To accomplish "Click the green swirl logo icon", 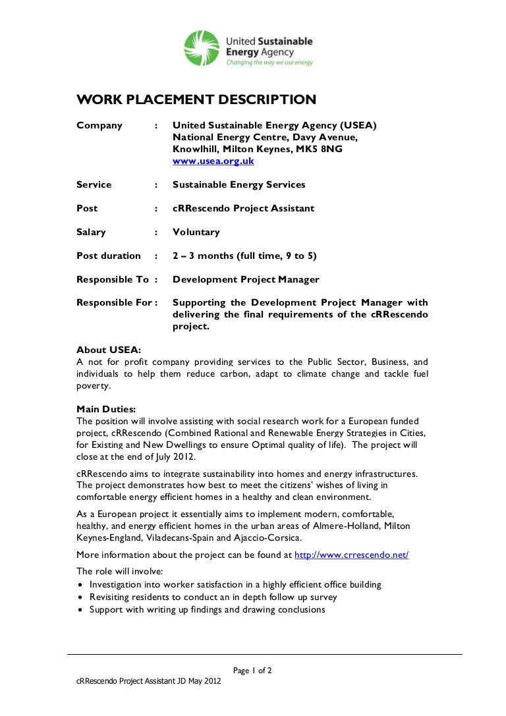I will (202, 48).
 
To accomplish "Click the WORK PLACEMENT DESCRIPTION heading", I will (196, 100).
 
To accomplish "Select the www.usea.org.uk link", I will (213, 161).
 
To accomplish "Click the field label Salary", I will (91, 232).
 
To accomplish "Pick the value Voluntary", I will (196, 232).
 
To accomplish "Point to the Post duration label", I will (109, 256).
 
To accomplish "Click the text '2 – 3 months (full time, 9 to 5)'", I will (244, 256).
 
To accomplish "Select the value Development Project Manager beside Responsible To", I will (246, 279).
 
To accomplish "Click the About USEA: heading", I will (108, 350).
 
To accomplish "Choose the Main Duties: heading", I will (106, 409).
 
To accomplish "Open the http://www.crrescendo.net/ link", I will (351, 555).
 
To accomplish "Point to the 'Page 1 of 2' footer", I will (252, 671).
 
